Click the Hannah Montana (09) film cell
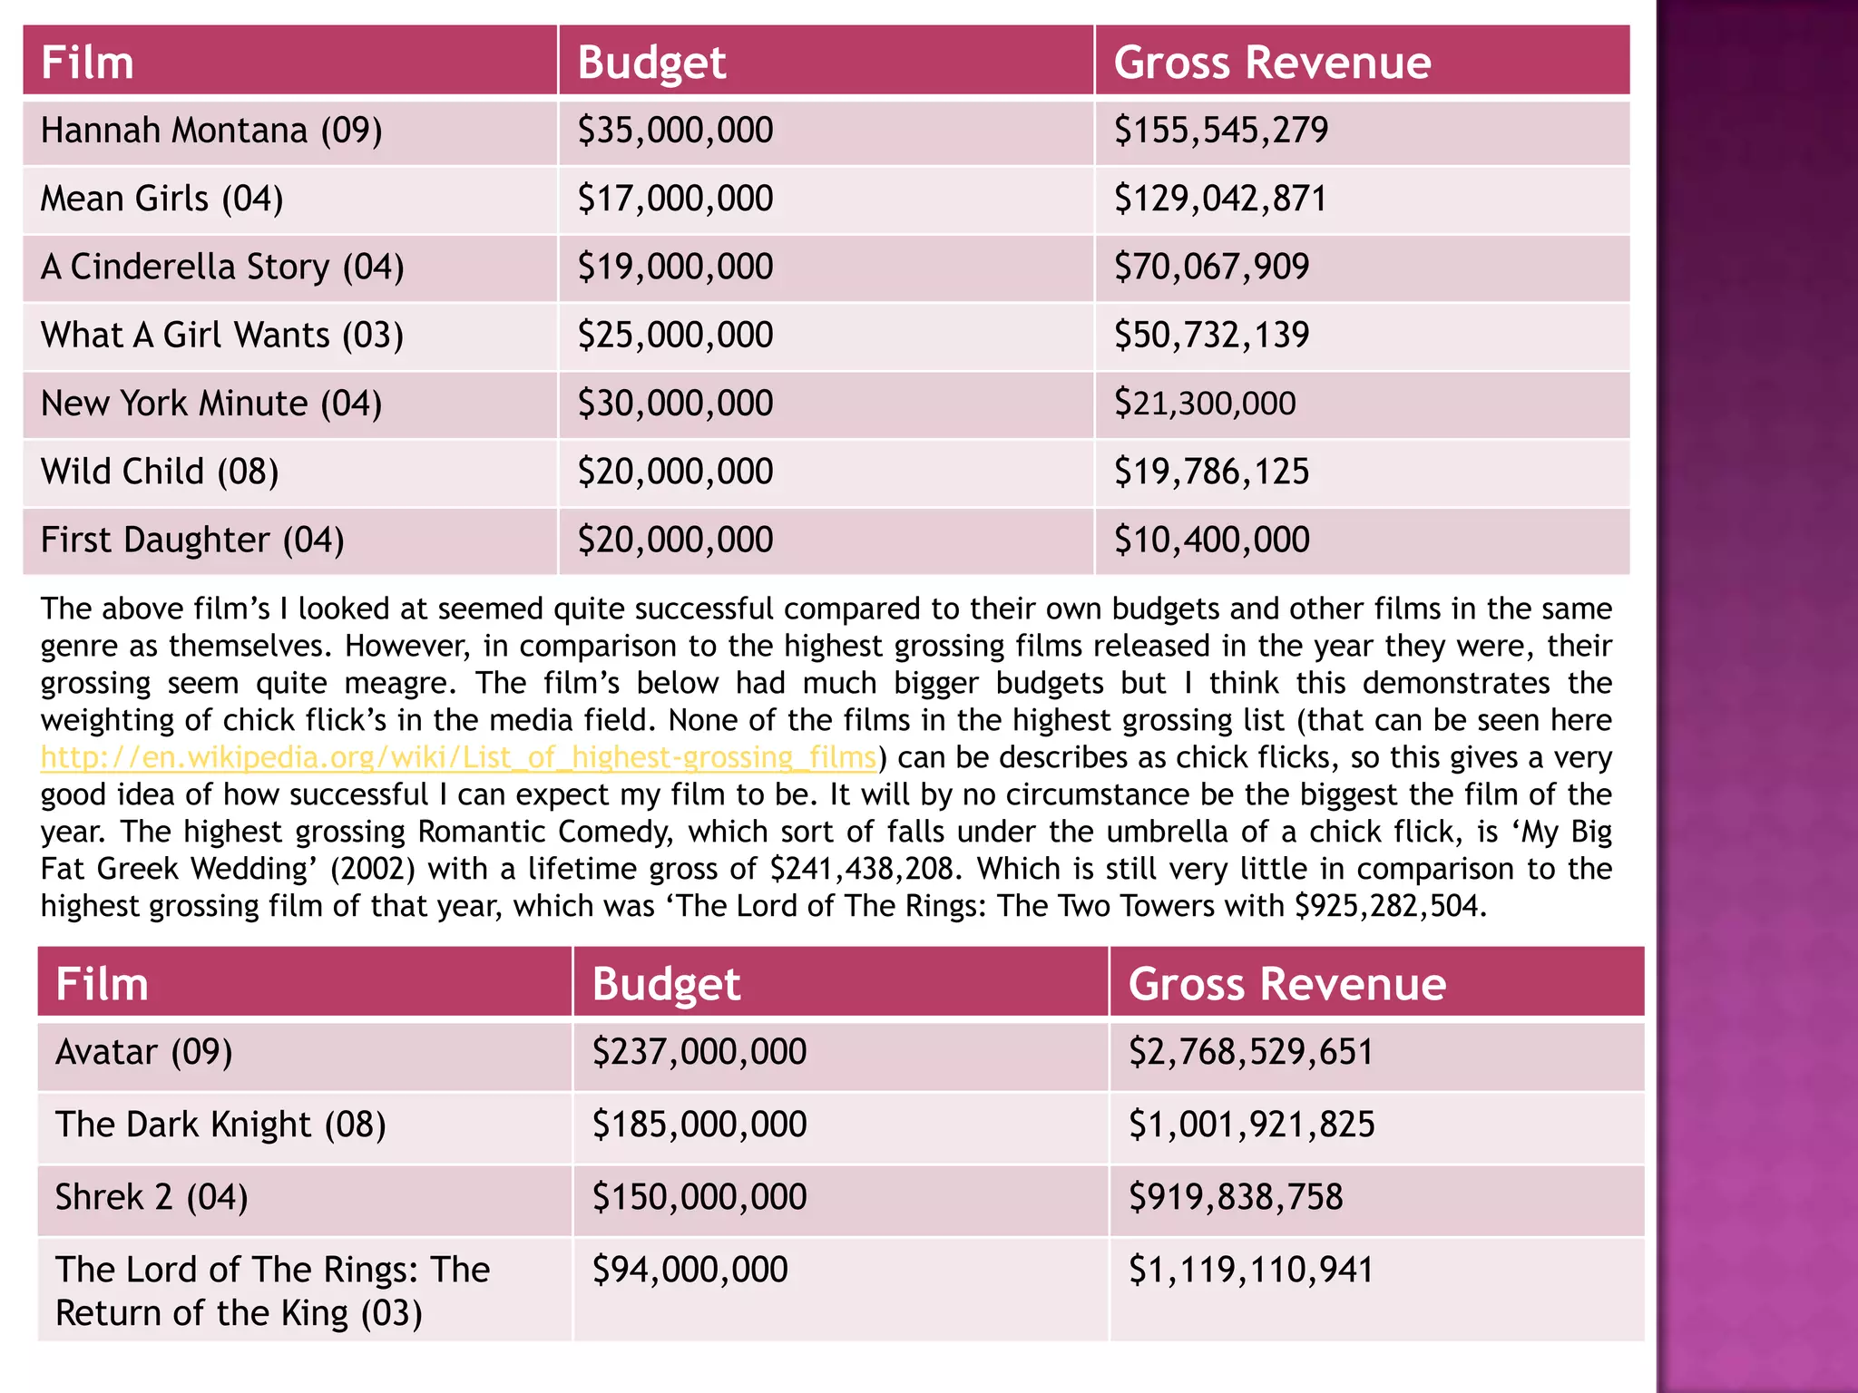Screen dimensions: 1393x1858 (x=211, y=131)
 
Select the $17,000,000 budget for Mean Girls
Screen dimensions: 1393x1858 (x=675, y=199)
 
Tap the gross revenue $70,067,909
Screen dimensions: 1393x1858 (x=1211, y=267)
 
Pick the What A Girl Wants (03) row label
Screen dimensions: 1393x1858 (x=221, y=335)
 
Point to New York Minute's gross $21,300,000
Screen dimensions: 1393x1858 (x=1205, y=404)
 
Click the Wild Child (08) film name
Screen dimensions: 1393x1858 (x=160, y=472)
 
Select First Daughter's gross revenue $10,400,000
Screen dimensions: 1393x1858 (x=1211, y=540)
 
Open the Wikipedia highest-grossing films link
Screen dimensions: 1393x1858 (x=458, y=757)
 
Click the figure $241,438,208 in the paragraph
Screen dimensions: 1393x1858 (x=863, y=869)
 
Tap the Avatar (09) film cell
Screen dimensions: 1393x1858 (x=144, y=1052)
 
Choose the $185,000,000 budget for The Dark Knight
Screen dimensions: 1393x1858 (x=699, y=1125)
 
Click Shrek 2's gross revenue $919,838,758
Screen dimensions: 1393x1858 (x=1235, y=1197)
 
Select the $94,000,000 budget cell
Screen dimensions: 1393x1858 (x=689, y=1270)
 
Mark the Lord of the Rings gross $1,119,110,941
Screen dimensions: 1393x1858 (x=1251, y=1270)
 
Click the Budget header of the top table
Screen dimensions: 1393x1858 (x=651, y=63)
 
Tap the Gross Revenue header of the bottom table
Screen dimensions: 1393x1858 (x=1286, y=984)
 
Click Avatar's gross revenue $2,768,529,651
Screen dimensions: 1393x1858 (x=1250, y=1052)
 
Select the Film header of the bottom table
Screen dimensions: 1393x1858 (x=102, y=984)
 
